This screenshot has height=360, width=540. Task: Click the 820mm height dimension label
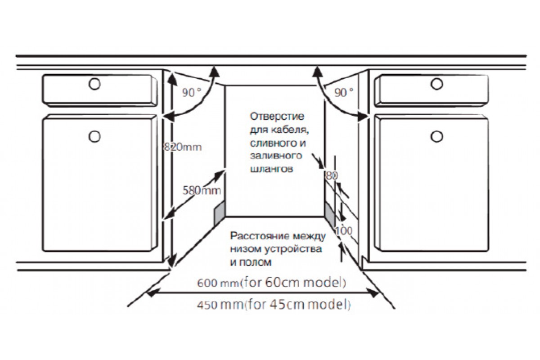pyautogui.click(x=183, y=147)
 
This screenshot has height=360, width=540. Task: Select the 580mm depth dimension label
pyautogui.click(x=202, y=190)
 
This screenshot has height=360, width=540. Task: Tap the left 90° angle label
pyautogui.click(x=192, y=92)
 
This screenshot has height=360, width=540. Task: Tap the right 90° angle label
pyautogui.click(x=344, y=92)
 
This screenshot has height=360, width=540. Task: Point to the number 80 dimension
pyautogui.click(x=332, y=176)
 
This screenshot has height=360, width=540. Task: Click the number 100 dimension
pyautogui.click(x=344, y=231)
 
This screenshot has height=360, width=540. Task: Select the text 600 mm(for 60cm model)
pyautogui.click(x=272, y=282)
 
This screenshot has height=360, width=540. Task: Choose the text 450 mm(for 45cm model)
pyautogui.click(x=274, y=305)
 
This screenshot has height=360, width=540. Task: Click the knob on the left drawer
pyautogui.click(x=94, y=84)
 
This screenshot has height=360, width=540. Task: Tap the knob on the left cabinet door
pyautogui.click(x=94, y=136)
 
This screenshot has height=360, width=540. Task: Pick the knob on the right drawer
pyautogui.click(x=437, y=84)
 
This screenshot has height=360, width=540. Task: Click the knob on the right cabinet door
pyautogui.click(x=437, y=136)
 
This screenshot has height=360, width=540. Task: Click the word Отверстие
pyautogui.click(x=277, y=117)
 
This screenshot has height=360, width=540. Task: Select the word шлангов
pyautogui.click(x=272, y=169)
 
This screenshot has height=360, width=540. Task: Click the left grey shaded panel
pyautogui.click(x=220, y=214)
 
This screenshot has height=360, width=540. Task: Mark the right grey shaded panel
pyautogui.click(x=329, y=214)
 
